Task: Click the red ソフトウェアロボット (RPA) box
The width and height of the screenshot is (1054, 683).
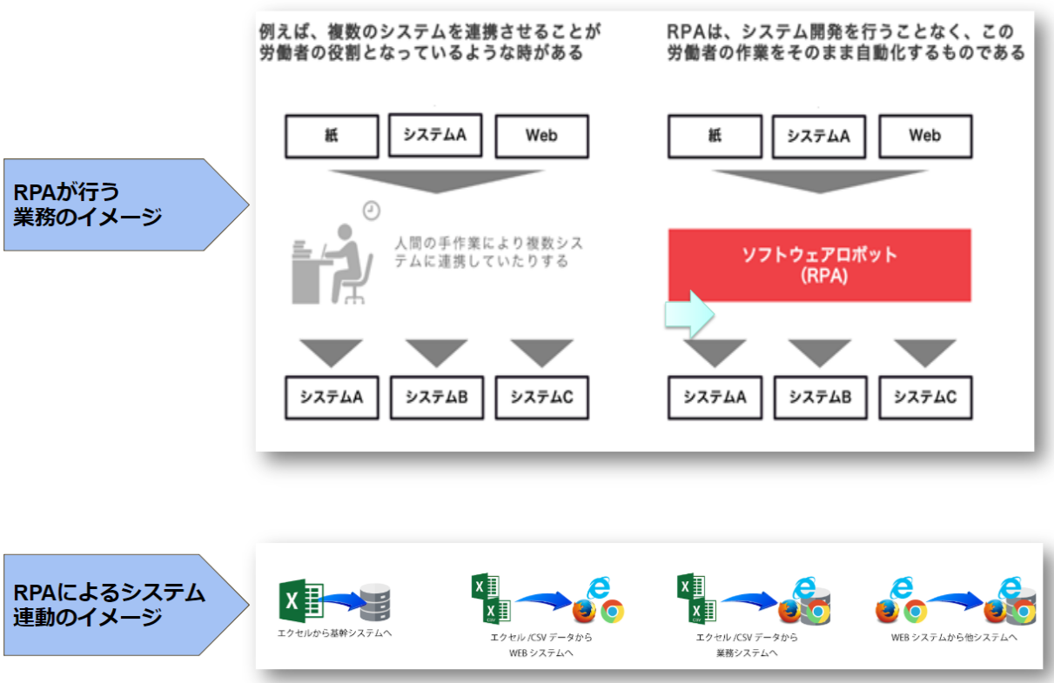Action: pos(819,264)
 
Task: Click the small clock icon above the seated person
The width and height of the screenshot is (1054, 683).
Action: pos(371,211)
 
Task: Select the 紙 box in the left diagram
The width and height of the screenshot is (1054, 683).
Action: pos(332,137)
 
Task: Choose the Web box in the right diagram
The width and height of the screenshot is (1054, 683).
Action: pos(924,137)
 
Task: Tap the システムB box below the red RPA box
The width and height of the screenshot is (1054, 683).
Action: pos(819,398)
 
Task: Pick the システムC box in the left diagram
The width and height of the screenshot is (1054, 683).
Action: pos(541,398)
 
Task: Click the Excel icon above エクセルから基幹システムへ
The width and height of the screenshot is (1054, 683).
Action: pos(300,600)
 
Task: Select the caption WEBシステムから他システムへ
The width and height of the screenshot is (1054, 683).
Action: pos(954,637)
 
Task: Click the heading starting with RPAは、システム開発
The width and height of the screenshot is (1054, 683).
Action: pos(844,42)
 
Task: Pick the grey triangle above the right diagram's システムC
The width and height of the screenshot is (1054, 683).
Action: pos(925,352)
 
